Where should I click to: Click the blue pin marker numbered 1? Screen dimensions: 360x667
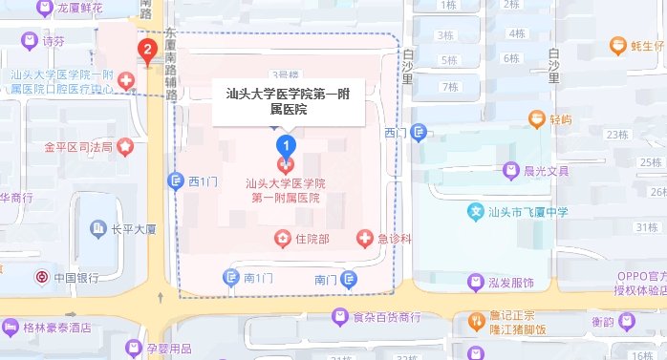(x=285, y=145)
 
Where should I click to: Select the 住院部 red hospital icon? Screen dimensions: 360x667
(x=282, y=237)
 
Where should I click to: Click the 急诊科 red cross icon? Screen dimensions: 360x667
(x=364, y=237)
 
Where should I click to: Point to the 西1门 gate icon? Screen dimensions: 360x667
(x=176, y=180)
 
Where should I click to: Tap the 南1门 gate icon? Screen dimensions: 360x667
(x=230, y=278)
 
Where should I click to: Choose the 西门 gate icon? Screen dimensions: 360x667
(x=418, y=134)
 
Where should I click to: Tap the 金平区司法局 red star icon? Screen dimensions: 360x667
(x=127, y=147)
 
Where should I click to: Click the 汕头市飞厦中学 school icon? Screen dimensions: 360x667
(x=475, y=211)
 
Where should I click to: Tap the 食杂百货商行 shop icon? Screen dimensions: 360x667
(x=339, y=317)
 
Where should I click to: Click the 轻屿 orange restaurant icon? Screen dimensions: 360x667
(x=536, y=119)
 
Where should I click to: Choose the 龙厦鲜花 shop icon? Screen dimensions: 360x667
(x=44, y=9)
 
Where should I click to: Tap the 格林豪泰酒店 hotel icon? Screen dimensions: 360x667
(x=10, y=328)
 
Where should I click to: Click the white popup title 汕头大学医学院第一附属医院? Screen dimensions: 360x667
(x=288, y=101)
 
